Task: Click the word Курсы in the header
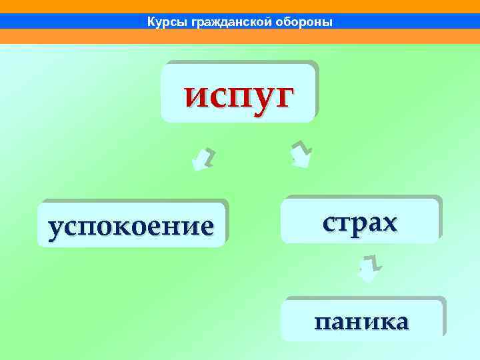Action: [x=167, y=23]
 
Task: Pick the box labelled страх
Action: [x=360, y=219]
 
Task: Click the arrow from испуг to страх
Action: [x=301, y=154]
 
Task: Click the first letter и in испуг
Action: [x=195, y=96]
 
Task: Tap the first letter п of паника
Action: [x=323, y=322]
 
